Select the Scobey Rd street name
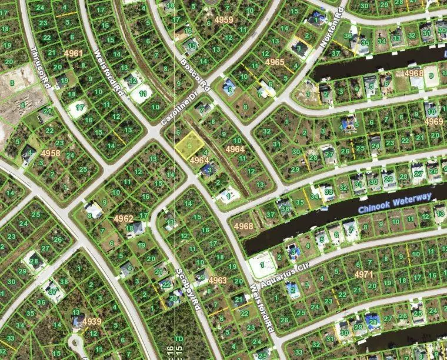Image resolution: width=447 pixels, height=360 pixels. tap(187, 287)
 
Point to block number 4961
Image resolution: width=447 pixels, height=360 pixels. tap(73, 54)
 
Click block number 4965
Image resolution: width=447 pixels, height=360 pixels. tap(275, 62)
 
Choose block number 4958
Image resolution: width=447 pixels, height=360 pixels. tap(51, 153)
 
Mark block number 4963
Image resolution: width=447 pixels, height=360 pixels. tap(217, 280)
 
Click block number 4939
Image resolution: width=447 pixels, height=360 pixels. tap(91, 322)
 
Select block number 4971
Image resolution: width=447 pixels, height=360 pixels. tap(363, 274)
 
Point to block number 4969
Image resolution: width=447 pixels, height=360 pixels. tap(433, 122)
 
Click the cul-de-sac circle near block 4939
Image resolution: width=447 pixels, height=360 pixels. tap(75, 341)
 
